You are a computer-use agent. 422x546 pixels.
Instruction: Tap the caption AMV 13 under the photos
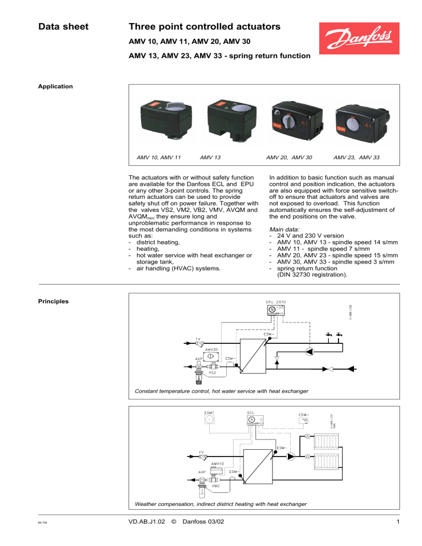[210, 158]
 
